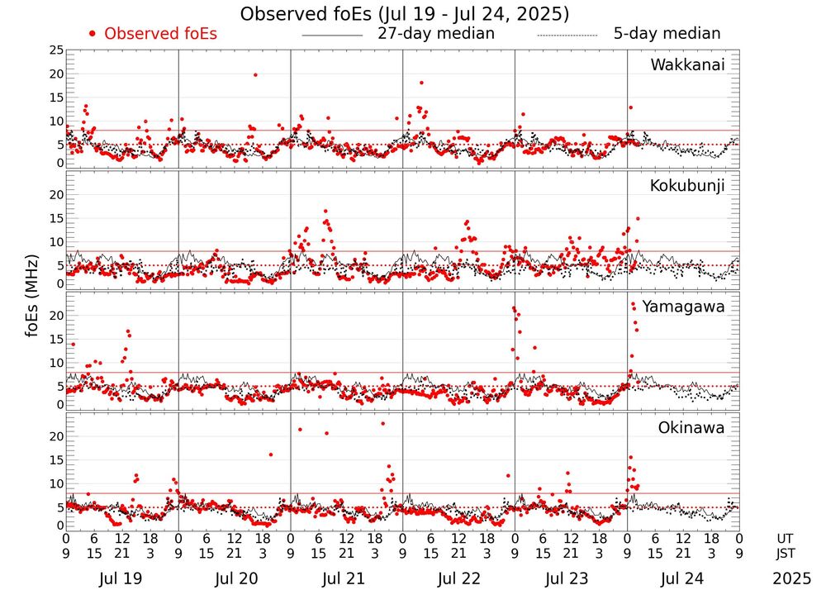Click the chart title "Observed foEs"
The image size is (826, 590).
coord(405,14)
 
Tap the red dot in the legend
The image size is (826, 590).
coord(93,34)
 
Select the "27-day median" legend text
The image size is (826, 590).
coord(436,34)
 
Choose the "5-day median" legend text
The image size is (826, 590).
coord(667,34)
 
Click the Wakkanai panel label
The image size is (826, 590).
coord(687,64)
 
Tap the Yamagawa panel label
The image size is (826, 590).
coord(685,307)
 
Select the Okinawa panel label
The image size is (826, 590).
coord(691,428)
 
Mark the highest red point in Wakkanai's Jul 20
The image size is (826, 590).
coord(255,75)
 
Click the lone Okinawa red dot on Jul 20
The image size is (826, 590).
coord(270,454)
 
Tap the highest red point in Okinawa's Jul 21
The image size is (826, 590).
coord(382,424)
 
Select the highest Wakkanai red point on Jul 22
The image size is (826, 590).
coord(421,83)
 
